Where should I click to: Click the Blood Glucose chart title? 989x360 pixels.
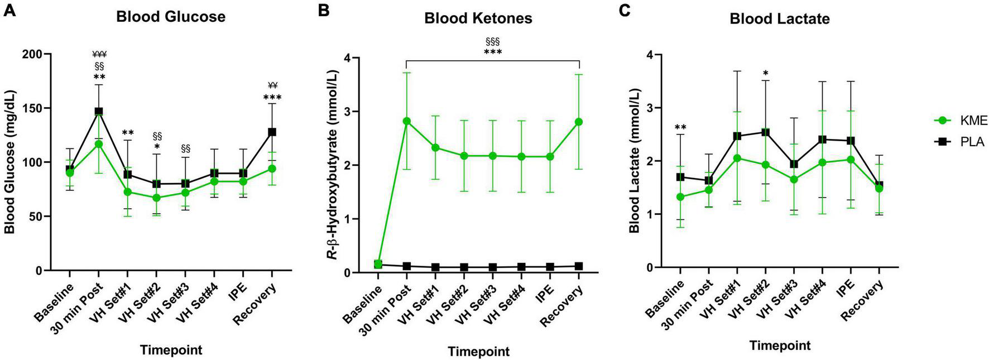tap(170, 17)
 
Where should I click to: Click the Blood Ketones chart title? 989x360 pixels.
tap(478, 18)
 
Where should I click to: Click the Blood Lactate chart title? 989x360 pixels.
tap(779, 19)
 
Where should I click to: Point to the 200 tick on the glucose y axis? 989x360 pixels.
tap(36, 54)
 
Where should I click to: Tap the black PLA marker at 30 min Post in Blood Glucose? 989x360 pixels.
tap(98, 112)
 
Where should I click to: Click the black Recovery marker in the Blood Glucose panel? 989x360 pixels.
tap(272, 132)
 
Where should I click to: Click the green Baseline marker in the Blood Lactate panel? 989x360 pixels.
tap(680, 197)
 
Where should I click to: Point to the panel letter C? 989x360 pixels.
tap(627, 10)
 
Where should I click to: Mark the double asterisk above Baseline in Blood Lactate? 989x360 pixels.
tap(680, 128)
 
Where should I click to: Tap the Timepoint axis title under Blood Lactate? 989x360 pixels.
tap(779, 345)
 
